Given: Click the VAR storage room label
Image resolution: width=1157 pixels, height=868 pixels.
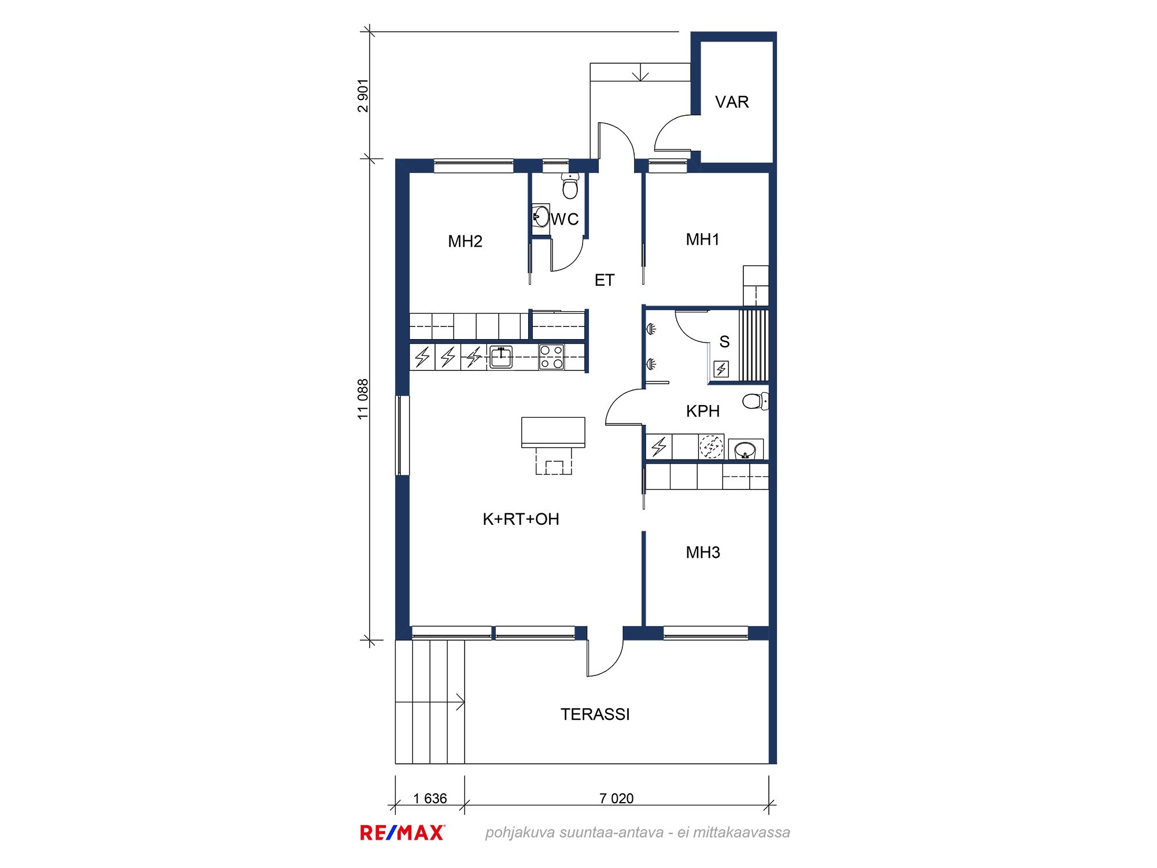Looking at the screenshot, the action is point(732,102).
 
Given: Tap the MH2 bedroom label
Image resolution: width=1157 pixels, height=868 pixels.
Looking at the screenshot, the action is point(465,241).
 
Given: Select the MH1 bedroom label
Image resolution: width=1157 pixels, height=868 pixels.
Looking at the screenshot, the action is point(703,240).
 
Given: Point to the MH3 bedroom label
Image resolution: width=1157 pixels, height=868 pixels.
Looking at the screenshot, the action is point(703,553).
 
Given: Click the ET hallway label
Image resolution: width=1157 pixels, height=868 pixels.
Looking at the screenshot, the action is point(605,281).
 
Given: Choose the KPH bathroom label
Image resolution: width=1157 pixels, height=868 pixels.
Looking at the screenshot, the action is point(703,411).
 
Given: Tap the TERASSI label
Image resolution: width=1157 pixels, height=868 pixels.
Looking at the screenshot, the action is point(595,715).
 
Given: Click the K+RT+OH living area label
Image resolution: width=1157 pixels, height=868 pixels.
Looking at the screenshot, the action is point(521,519).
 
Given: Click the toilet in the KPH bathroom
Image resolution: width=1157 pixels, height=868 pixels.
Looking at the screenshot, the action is point(756,400).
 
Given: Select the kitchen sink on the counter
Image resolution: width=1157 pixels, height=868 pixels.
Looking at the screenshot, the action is point(501,357).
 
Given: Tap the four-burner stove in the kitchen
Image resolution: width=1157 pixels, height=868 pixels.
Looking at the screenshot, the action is point(551,357).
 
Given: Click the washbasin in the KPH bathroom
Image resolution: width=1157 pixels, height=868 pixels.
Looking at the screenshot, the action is point(746,450).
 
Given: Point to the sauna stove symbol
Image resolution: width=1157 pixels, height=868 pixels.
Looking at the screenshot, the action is point(721,369).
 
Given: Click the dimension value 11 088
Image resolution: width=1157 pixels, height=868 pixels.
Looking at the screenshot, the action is point(363,399).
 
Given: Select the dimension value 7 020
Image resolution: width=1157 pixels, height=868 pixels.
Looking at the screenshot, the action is point(617,799).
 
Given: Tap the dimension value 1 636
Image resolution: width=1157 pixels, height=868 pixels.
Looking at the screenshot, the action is point(430,799).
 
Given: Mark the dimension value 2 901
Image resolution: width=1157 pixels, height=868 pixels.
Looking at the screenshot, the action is point(363,95).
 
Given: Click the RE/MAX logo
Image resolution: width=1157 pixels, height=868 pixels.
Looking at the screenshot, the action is point(403,833).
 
